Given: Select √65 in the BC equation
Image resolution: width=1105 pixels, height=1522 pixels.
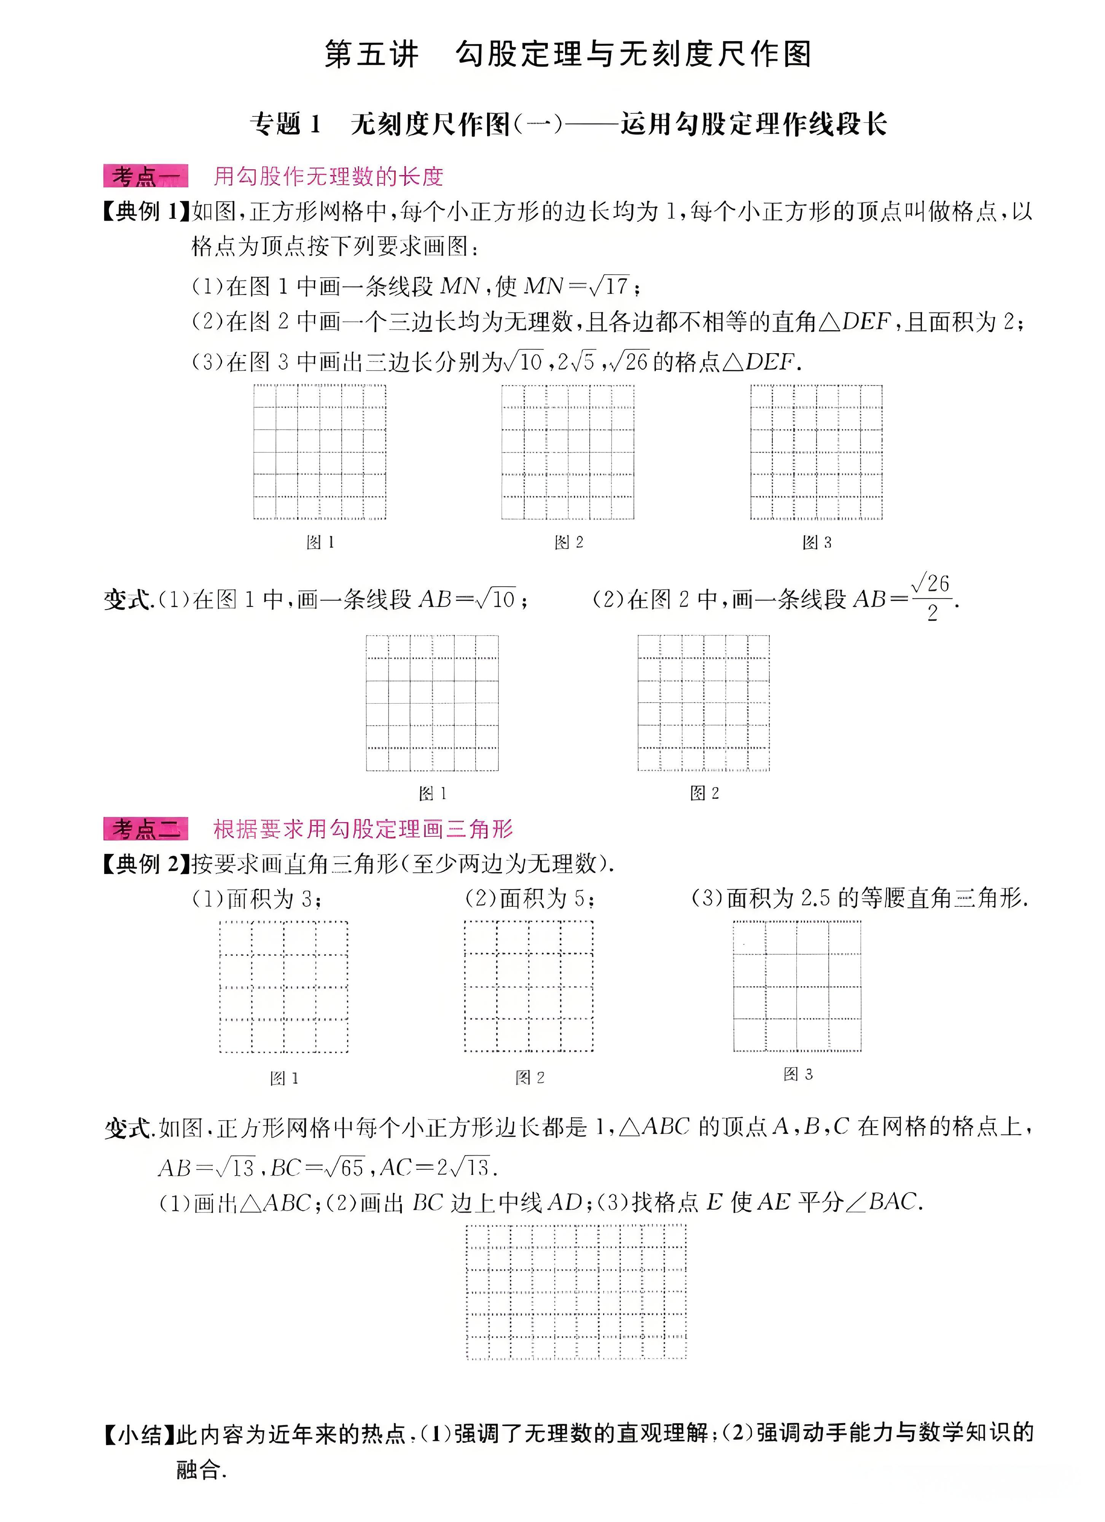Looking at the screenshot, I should click(344, 1169).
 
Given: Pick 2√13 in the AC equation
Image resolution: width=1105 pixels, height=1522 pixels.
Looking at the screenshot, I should click(463, 1169).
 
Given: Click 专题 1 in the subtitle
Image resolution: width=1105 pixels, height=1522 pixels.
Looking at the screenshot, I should click(285, 124).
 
